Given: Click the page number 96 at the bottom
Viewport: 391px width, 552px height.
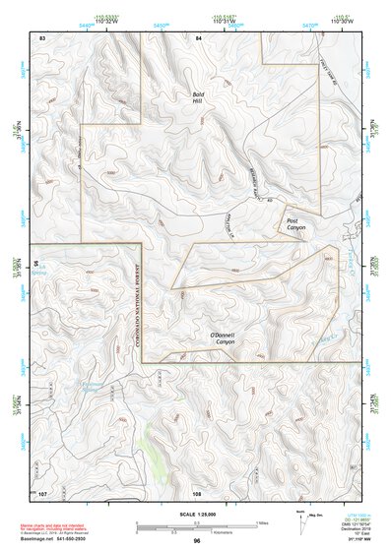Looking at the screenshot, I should (x=197, y=541).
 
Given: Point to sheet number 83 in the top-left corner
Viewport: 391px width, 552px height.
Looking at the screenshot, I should (x=42, y=36).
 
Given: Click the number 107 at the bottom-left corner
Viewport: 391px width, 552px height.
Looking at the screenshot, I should (x=42, y=492).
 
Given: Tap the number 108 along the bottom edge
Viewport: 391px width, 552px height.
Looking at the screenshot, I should (x=197, y=492).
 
